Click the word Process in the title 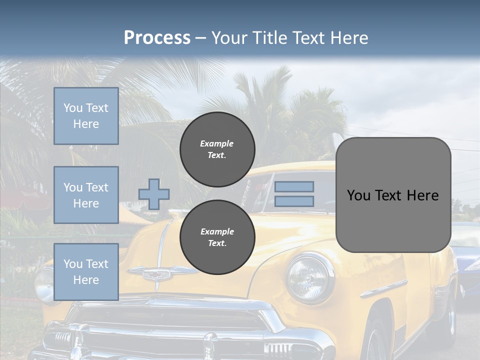tap(157, 37)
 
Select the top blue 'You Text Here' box tap(86, 116)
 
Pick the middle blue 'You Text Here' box tap(86, 195)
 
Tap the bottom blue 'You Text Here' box tap(86, 271)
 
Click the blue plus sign tap(154, 194)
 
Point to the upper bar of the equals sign tap(294, 186)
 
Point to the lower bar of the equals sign tap(294, 201)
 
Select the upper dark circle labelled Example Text tap(217, 149)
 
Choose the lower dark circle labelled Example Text tap(217, 237)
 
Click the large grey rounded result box tap(393, 195)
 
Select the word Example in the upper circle tap(216, 143)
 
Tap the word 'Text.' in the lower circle tap(216, 243)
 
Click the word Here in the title tap(349, 37)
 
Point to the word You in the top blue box tap(72, 108)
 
